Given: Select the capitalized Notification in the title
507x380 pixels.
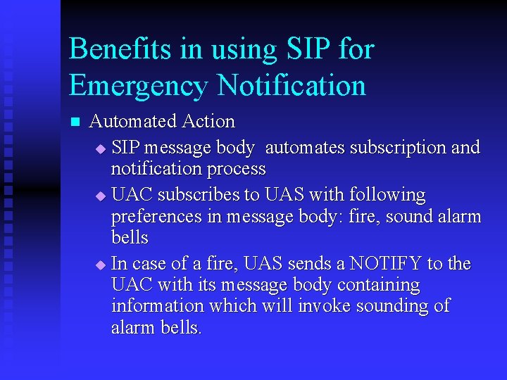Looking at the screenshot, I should tap(292, 86).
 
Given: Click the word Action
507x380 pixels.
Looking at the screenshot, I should tap(208, 122).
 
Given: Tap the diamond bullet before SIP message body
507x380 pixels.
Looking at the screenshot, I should tap(99, 149).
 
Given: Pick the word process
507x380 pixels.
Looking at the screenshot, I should tap(236, 170).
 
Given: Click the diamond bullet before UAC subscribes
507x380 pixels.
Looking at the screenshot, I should tap(99, 196).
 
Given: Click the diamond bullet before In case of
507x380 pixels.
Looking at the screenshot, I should tap(99, 265).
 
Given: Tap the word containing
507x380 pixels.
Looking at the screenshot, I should tap(379, 286).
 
